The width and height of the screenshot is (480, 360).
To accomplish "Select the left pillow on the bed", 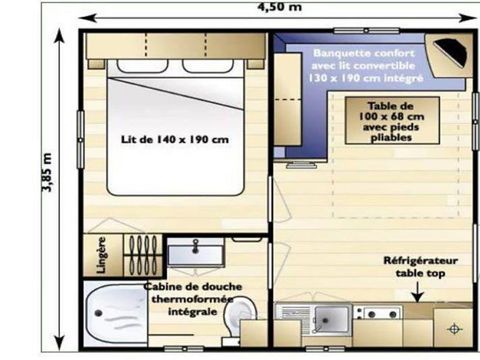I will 141,68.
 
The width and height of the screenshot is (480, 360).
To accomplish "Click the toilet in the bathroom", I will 238,321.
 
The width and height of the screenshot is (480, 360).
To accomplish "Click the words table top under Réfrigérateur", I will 420,272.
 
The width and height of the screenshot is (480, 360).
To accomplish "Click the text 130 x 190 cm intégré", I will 368,76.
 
